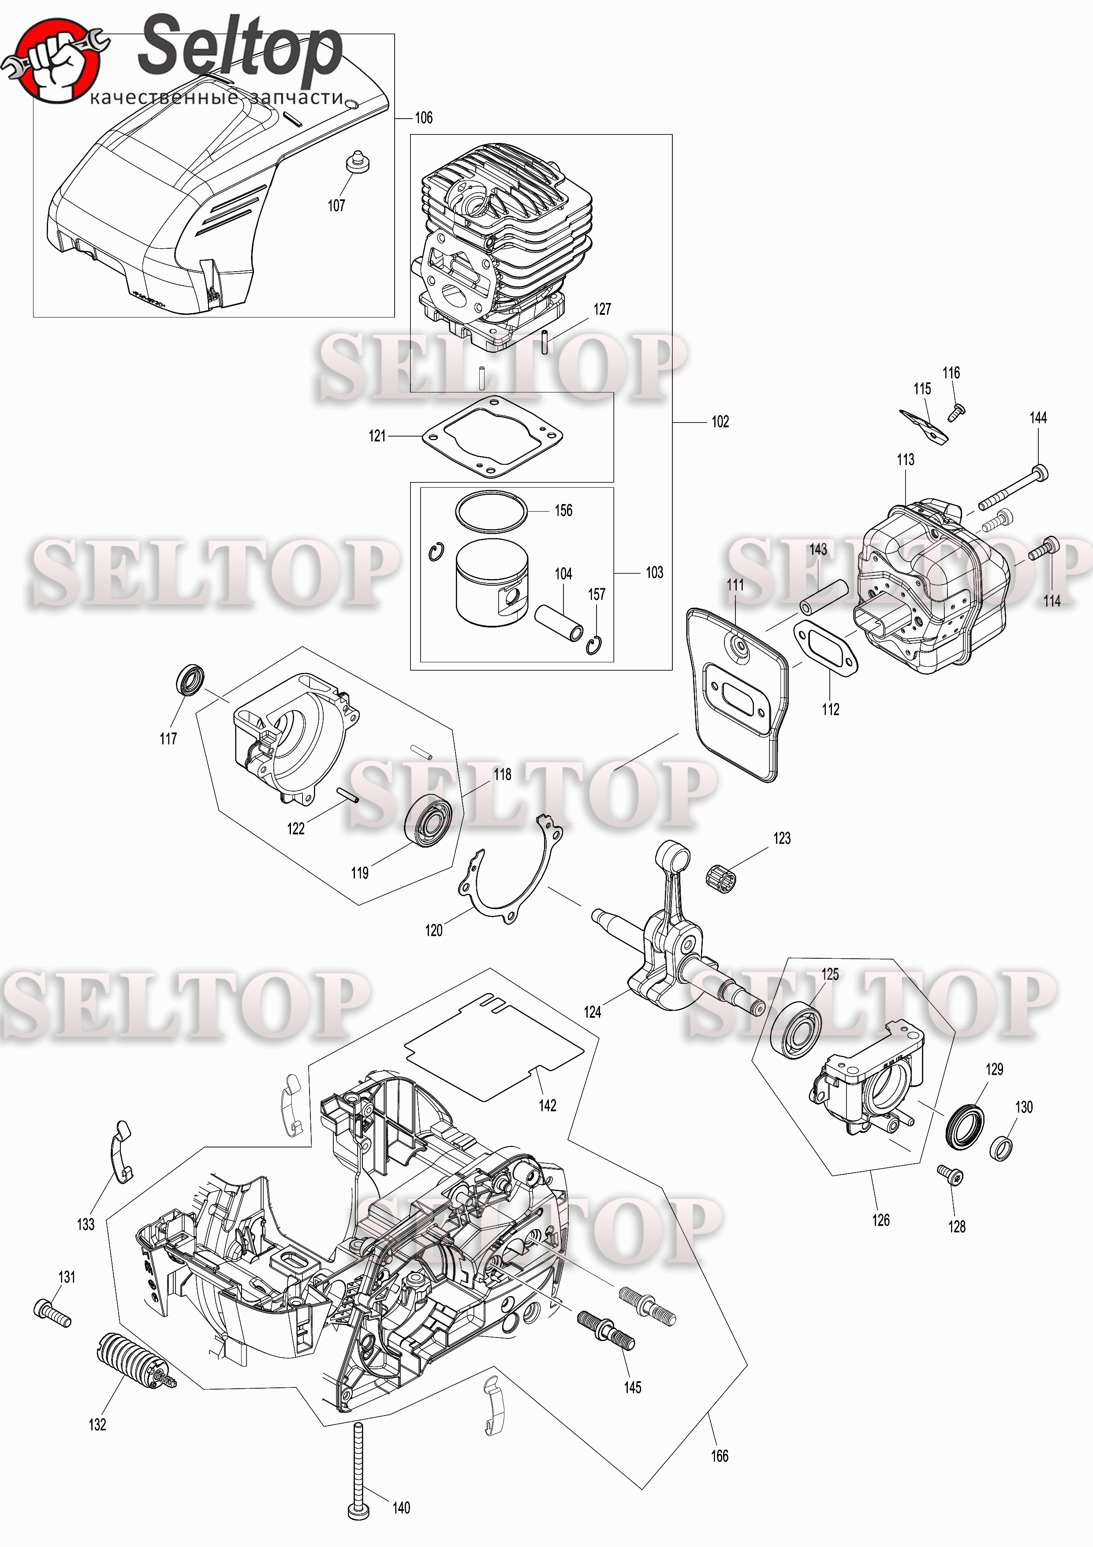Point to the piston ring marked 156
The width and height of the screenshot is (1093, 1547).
coord(491,512)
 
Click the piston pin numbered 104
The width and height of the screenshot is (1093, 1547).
coord(558,623)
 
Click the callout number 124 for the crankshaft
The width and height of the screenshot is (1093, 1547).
coord(592,1012)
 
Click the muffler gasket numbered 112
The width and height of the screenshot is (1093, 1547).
coord(826,649)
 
